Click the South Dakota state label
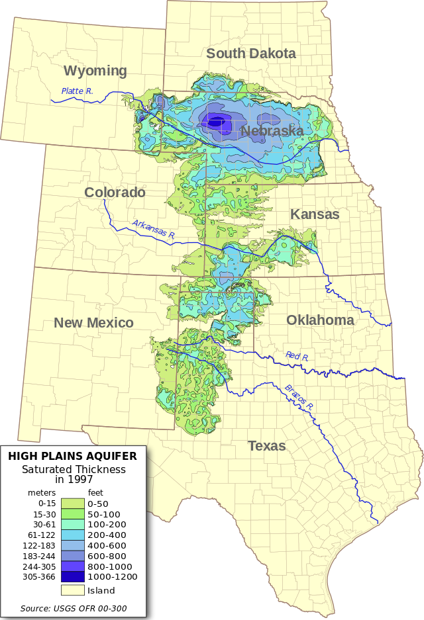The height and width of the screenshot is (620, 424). [250, 54]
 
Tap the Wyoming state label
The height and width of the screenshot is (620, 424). [95, 71]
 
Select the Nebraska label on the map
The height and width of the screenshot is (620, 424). [272, 131]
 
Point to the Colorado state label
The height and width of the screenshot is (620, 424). [115, 193]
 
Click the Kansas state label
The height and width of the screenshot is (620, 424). [315, 214]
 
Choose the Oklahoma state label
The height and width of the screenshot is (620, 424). [320, 320]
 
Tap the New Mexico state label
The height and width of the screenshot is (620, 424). [93, 323]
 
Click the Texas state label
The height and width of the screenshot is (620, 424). [266, 446]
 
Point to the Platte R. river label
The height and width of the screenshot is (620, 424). [77, 91]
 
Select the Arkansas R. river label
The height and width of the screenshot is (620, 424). [153, 229]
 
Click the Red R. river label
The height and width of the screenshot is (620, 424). [297, 356]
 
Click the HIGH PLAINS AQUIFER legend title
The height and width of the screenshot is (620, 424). [72, 456]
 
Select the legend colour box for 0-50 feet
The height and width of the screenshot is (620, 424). [72, 504]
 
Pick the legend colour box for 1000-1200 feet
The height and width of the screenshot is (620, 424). [72, 577]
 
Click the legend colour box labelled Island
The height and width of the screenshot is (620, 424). [72, 590]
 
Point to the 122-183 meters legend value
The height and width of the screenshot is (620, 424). [39, 545]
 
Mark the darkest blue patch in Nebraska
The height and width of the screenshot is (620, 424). [215, 122]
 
